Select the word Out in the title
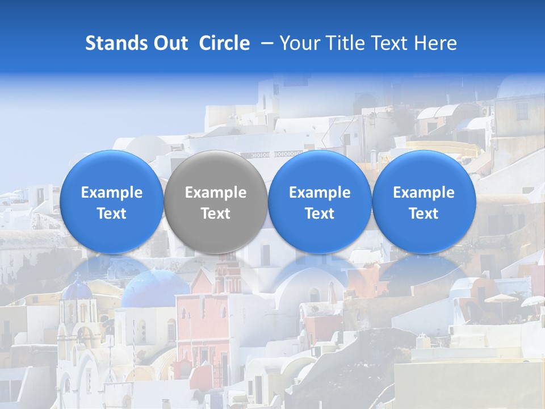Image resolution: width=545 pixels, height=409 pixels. pyautogui.click(x=169, y=43)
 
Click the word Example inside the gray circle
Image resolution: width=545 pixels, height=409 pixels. pyautogui.click(x=216, y=193)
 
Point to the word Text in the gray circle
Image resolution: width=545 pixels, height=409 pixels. pyautogui.click(x=216, y=214)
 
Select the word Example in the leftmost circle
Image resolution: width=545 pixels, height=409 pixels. pyautogui.click(x=111, y=193)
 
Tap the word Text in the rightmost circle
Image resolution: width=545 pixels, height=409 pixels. pyautogui.click(x=424, y=214)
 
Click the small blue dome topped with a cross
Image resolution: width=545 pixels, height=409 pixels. pyautogui.click(x=77, y=290)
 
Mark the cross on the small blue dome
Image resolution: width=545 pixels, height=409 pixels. pyautogui.click(x=77, y=276)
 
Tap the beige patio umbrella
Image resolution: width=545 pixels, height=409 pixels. pyautogui.click(x=501, y=298)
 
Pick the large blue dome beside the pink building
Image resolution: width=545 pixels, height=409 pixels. pyautogui.click(x=153, y=287)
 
